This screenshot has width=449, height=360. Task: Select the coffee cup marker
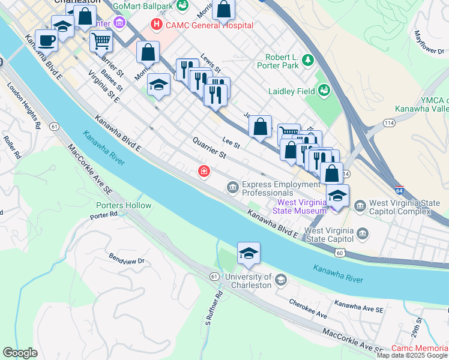point(46,40)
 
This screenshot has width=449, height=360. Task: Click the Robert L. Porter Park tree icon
point(308,59)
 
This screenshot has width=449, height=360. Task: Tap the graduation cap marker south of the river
point(249,253)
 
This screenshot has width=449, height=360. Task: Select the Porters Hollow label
point(124,205)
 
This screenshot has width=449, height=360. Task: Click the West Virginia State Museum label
point(300,206)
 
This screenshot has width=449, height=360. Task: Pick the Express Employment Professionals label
point(280,188)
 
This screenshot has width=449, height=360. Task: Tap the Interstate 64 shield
point(399,189)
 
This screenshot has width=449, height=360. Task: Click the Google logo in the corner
point(20,353)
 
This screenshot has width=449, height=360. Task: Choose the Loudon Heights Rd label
point(23,106)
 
